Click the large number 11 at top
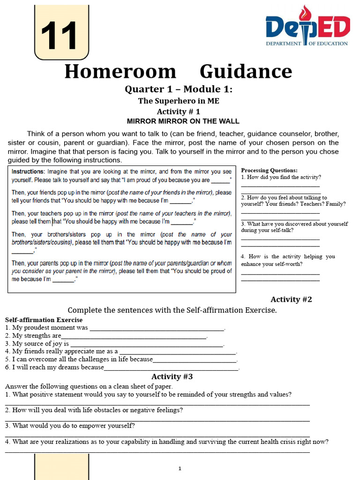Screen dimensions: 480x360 [x=59, y=36]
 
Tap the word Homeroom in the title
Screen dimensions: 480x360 [x=120, y=72]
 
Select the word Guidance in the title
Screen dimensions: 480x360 [x=246, y=72]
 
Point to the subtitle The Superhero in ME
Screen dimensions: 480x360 [x=178, y=101]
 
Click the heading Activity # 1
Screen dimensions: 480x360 [x=178, y=112]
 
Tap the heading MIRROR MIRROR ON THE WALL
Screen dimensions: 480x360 [x=183, y=121]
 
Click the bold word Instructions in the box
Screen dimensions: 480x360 [x=28, y=172]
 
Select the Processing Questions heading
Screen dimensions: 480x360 [x=269, y=170]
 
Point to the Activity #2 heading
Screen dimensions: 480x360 [x=291, y=300]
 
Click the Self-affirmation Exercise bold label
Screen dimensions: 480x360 [x=44, y=320]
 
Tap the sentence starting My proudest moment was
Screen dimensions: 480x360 [x=47, y=328]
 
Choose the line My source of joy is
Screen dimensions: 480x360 [x=37, y=344]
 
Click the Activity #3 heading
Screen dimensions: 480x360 [x=172, y=376]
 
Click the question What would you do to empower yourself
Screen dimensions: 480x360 [x=70, y=426]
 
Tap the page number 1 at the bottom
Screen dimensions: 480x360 [x=180, y=468]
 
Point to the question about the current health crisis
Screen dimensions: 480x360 [x=167, y=442]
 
